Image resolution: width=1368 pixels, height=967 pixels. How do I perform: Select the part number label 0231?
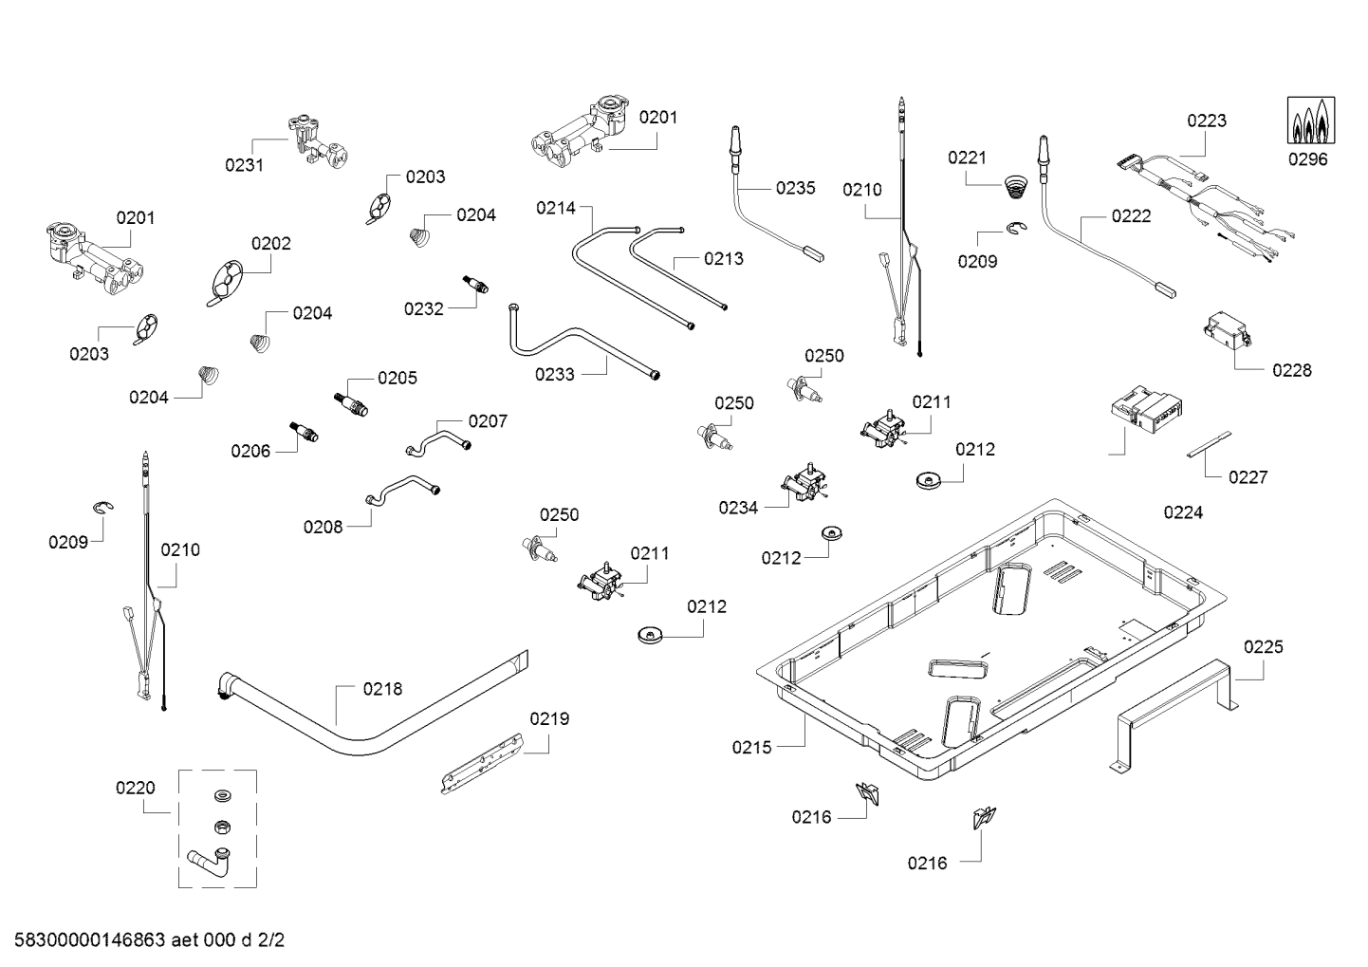(244, 165)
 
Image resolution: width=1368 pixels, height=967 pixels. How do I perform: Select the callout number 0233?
(555, 375)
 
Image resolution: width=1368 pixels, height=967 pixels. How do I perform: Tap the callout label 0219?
(549, 718)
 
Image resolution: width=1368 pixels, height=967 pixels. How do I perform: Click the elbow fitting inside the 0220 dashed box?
(208, 861)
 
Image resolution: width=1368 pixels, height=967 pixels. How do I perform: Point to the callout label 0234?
(738, 508)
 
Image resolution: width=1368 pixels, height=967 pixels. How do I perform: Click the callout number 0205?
(397, 378)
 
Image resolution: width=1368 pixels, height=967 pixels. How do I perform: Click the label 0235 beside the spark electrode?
(795, 188)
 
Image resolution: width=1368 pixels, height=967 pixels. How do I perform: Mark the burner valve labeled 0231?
(316, 139)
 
